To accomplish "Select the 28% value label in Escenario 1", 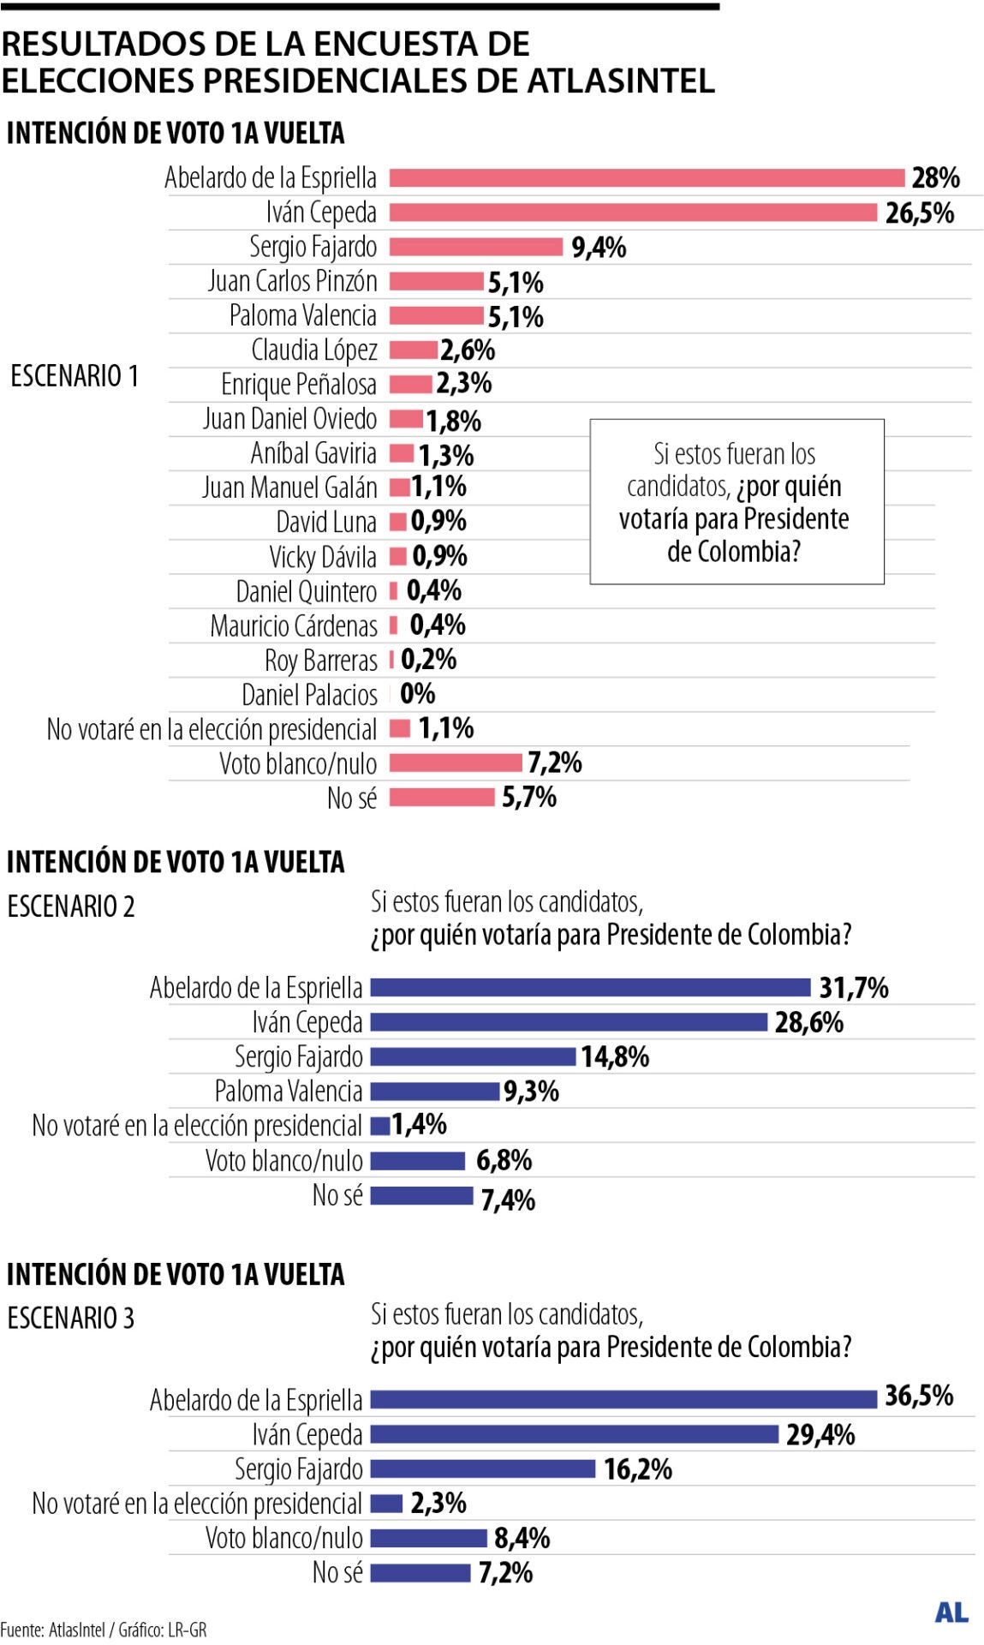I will point(934,178).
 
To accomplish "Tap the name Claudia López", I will point(314,350).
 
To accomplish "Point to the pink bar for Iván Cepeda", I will point(633,212).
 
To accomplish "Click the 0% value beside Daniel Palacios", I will point(417,694).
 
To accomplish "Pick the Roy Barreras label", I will point(320,661).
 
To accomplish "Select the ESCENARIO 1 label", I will point(75,376).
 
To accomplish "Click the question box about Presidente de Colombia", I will point(736,502).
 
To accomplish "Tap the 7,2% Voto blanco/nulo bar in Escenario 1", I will point(455,763).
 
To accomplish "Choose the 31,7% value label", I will point(853,988).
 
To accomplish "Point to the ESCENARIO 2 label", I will point(71,906).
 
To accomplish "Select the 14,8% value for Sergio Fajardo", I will point(615,1057).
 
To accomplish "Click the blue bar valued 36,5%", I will point(623,1399).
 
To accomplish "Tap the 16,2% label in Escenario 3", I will point(637,1469).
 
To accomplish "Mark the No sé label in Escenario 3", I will point(337,1572).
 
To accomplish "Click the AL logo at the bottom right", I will point(951,1612).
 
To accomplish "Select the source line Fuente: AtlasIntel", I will point(103,1630).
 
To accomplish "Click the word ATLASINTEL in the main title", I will point(620,81).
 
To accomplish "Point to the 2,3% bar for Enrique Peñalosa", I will point(410,384).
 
